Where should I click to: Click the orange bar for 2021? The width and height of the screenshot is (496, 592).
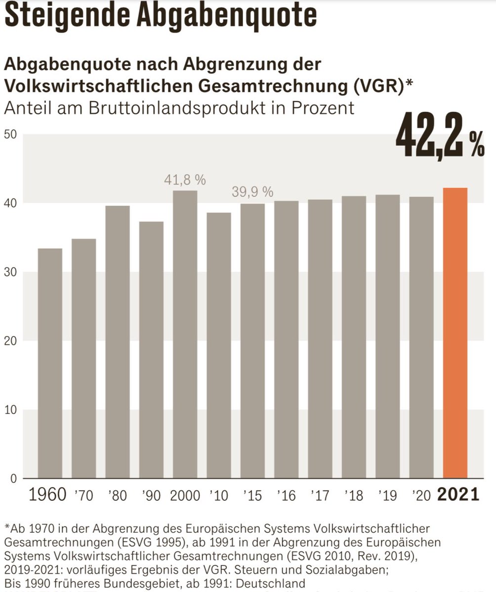455,333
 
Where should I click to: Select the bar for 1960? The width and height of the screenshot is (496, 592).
50,363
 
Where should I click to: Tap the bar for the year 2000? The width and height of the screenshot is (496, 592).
185,334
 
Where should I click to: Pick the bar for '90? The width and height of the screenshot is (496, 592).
151,350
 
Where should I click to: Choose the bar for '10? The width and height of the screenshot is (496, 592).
219,345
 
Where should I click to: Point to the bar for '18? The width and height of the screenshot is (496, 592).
354,337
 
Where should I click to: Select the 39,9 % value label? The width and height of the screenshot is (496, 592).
252,192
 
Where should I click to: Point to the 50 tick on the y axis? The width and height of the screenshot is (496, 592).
10,134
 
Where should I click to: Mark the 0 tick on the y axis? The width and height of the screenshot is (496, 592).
14,479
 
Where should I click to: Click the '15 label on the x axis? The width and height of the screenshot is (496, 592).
252,496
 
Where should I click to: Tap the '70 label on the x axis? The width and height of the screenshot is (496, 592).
83,496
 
